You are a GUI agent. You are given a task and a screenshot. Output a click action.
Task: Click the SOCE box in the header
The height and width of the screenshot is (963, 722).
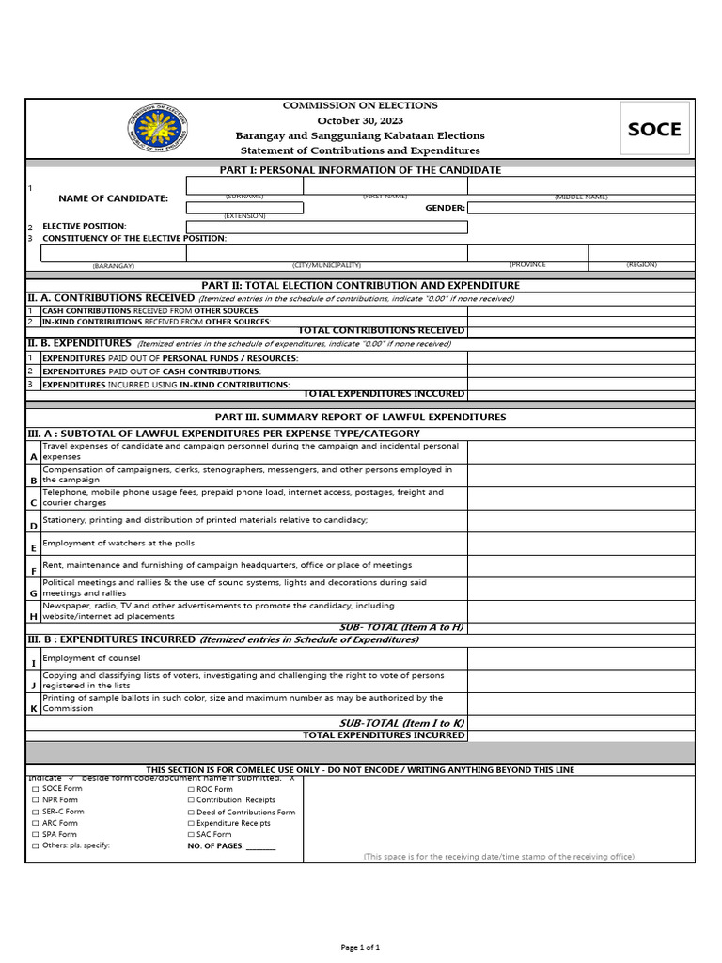click(654, 130)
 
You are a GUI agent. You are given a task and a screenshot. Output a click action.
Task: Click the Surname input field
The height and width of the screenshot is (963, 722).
click(244, 185)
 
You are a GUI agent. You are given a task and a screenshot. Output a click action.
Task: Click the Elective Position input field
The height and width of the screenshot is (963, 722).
click(326, 227)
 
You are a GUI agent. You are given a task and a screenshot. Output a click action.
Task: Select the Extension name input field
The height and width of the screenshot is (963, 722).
click(244, 208)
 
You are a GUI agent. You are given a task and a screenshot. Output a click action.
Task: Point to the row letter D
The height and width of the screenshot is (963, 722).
click(34, 526)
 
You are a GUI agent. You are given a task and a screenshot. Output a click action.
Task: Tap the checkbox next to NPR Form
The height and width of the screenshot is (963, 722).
click(36, 800)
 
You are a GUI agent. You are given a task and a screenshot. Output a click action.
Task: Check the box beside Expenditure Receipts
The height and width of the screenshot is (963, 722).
click(191, 823)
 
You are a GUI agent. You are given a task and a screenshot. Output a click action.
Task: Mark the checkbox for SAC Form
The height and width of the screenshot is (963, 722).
click(191, 834)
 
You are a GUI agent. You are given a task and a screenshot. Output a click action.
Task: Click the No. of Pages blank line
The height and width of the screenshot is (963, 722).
click(260, 846)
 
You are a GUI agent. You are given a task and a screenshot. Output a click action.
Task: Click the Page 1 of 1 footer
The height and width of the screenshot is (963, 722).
click(360, 947)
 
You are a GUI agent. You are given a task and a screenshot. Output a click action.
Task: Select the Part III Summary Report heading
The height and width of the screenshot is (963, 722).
click(360, 417)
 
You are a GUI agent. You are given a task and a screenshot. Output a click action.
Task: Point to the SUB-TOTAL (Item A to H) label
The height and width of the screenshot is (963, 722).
click(401, 627)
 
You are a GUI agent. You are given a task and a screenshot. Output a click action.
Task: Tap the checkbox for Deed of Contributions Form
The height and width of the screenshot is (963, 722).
click(191, 812)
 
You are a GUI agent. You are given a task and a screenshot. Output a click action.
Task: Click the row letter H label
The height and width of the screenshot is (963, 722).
click(34, 616)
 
